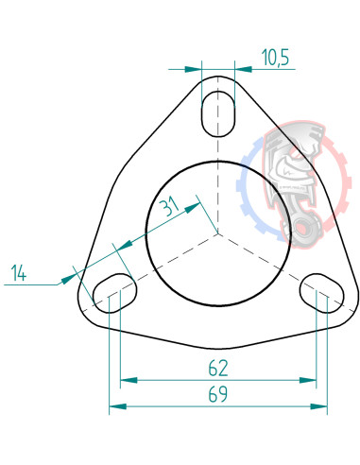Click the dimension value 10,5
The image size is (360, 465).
pos(275,59)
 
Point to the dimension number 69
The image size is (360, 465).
pos(217,395)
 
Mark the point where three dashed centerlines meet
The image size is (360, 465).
pos(217,232)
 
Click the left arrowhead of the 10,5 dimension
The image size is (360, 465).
pos(194,68)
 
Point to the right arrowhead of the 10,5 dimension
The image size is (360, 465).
pos(243,68)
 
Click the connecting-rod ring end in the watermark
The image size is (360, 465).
pos(303,227)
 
